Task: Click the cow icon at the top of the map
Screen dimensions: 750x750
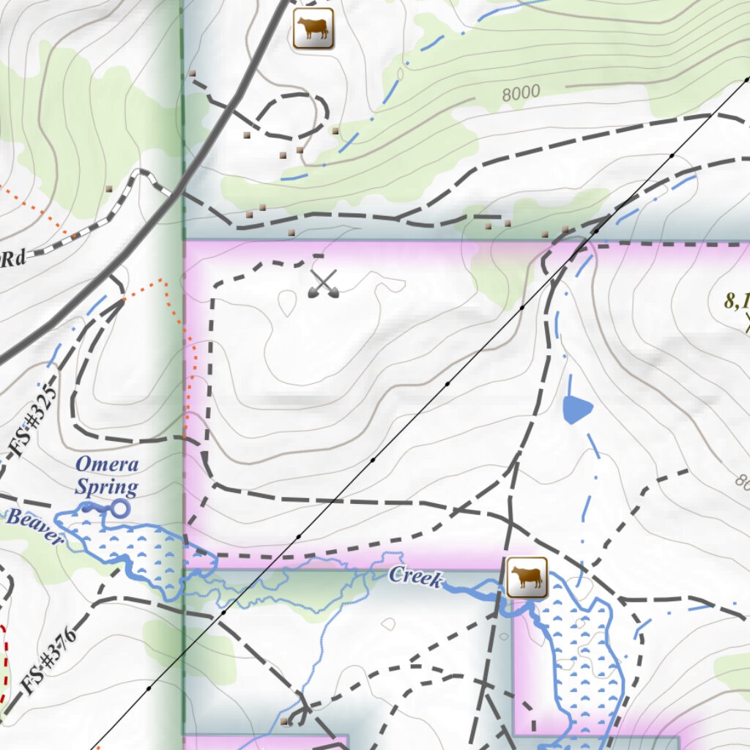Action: pos(313,29)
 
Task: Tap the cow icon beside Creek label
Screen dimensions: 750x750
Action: pos(527,577)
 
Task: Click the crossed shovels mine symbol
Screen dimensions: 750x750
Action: pos(323,284)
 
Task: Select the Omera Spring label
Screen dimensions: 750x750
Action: pos(107,475)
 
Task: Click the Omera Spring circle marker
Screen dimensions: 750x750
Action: pos(119,508)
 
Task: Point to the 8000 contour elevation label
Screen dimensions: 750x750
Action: pos(521,92)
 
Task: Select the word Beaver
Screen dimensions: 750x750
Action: pos(34,527)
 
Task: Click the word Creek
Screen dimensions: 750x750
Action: pos(416,577)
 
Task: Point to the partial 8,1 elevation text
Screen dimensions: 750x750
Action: pos(736,300)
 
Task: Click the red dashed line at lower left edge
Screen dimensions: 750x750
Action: pos(5,659)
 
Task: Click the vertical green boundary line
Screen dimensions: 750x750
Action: pos(182,110)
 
